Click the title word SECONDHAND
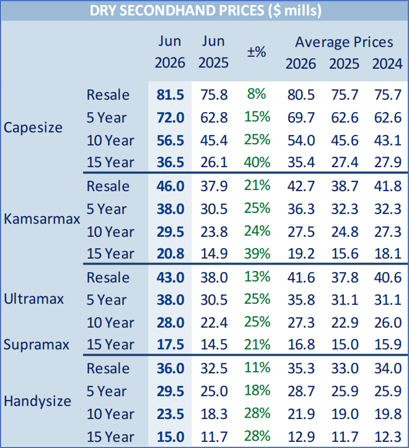[191, 11]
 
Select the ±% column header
[257, 52]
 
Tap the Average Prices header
[344, 42]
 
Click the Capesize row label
[33, 127]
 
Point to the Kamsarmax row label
[42, 219]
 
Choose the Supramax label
[37, 344]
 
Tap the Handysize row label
[37, 401]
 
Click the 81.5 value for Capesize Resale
[170, 95]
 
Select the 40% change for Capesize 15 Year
[257, 162]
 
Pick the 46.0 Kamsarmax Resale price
[170, 186]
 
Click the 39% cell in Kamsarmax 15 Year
[257, 254]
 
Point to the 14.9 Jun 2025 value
[214, 254]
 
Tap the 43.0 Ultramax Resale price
[170, 278]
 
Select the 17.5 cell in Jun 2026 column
[170, 345]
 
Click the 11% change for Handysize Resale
[257, 368]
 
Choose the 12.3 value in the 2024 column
[388, 437]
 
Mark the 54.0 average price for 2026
[301, 140]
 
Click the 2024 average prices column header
[387, 64]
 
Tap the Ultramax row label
[33, 299]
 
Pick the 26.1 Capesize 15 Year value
[214, 162]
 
